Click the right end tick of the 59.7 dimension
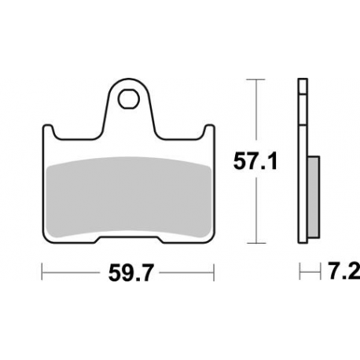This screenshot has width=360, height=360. pyautogui.click(x=215, y=274)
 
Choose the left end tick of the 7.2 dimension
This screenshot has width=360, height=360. pyautogui.click(x=299, y=274)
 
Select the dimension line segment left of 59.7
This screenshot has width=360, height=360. pyautogui.click(x=71, y=274)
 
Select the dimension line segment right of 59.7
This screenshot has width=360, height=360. pyautogui.click(x=185, y=274)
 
